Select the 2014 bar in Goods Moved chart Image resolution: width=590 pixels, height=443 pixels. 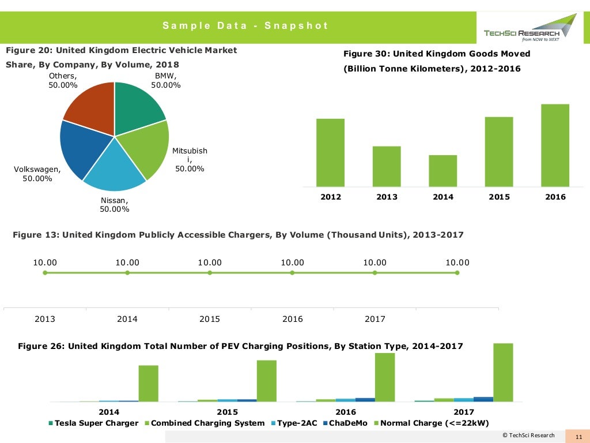[442, 171]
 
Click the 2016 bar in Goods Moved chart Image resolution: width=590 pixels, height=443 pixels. [555, 145]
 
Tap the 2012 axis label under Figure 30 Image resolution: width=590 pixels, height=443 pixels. [331, 197]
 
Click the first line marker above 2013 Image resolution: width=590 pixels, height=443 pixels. [45, 273]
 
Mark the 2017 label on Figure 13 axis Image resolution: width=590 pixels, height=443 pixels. [375, 319]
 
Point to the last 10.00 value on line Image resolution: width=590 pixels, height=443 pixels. [457, 262]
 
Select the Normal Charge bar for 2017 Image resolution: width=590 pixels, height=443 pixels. [503, 372]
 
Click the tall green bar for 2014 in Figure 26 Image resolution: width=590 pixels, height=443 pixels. [148, 383]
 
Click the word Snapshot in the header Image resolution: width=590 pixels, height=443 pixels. [296, 25]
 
